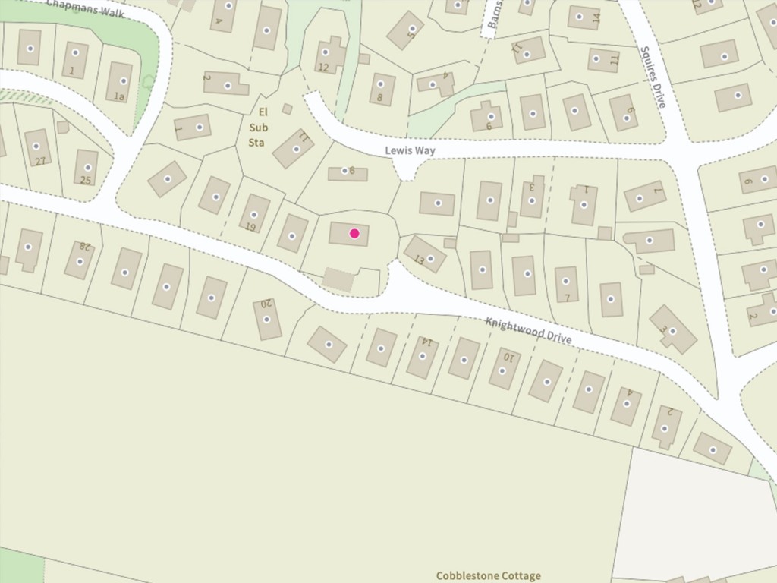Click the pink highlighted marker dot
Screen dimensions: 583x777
coord(354,233)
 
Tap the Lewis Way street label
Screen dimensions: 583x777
coord(410,151)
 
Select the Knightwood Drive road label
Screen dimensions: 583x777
coord(528,331)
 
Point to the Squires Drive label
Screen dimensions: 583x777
coord(652,77)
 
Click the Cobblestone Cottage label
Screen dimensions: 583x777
coord(489,575)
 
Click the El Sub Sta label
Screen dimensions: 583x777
coord(258,127)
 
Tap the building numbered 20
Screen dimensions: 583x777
coord(266,318)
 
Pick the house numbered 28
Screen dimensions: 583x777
coord(80,260)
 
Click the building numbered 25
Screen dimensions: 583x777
coord(87,169)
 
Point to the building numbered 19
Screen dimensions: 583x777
coord(255,213)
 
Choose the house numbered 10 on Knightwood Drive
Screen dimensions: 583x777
coord(504,369)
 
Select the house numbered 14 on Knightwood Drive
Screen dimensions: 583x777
coord(423,356)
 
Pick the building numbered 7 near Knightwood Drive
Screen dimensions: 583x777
coord(566,283)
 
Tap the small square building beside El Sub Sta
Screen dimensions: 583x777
coord(287,109)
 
